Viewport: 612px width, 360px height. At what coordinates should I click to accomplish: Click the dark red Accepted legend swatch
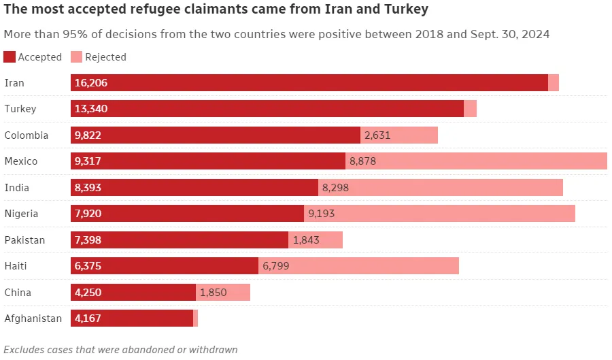[10, 57]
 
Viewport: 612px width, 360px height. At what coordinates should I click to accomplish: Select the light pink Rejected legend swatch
[76, 57]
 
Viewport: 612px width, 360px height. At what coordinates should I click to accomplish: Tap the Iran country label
[14, 83]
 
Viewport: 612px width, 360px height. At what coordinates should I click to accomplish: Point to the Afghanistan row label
[33, 318]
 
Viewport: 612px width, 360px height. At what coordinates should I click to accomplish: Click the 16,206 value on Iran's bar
[91, 83]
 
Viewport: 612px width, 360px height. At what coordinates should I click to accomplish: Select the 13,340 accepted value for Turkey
[91, 109]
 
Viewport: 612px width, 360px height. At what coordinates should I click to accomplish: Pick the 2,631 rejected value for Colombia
[377, 135]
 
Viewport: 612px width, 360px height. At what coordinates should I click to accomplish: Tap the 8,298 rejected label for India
[335, 188]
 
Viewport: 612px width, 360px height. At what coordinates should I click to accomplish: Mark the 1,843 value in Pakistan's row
[305, 240]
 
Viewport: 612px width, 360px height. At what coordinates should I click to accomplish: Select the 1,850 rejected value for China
[213, 293]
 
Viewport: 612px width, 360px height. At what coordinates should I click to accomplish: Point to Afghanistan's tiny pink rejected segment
[195, 318]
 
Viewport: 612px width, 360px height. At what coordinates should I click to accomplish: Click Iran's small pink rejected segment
[554, 83]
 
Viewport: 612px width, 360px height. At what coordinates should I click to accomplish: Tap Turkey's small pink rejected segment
[470, 109]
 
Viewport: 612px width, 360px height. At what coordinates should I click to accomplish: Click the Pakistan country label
[24, 240]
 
